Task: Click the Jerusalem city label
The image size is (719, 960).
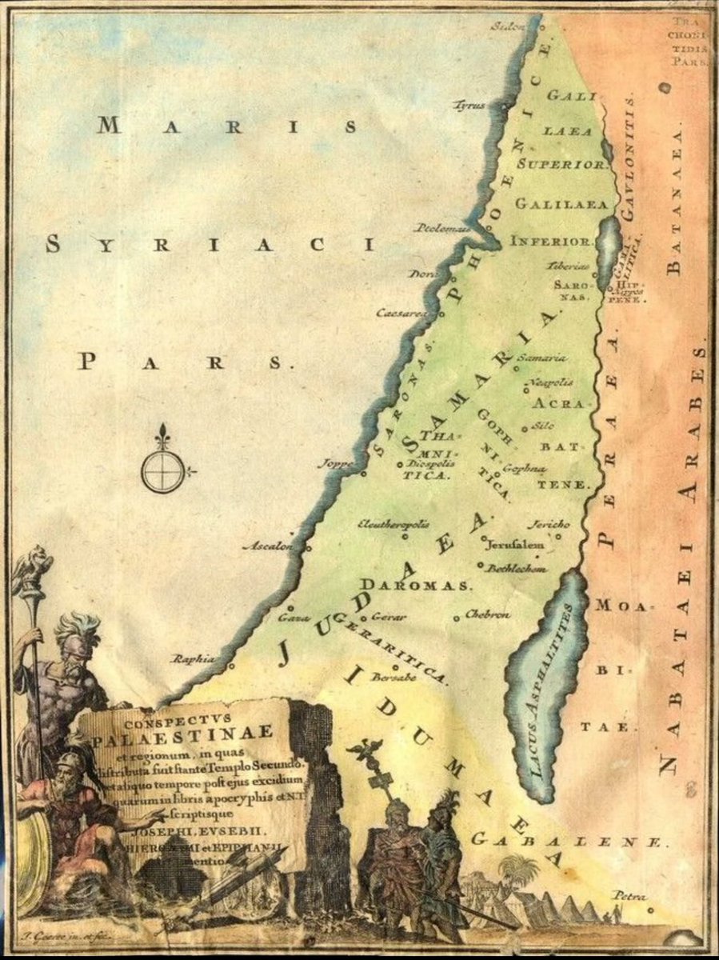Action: tap(516, 544)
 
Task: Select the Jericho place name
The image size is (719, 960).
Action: tap(548, 525)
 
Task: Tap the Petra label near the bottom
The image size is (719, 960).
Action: tap(629, 895)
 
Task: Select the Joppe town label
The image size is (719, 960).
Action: tap(335, 463)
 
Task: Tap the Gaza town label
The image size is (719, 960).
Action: tap(288, 618)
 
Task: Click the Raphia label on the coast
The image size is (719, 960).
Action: tap(194, 658)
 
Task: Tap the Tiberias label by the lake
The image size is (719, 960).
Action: tap(569, 266)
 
